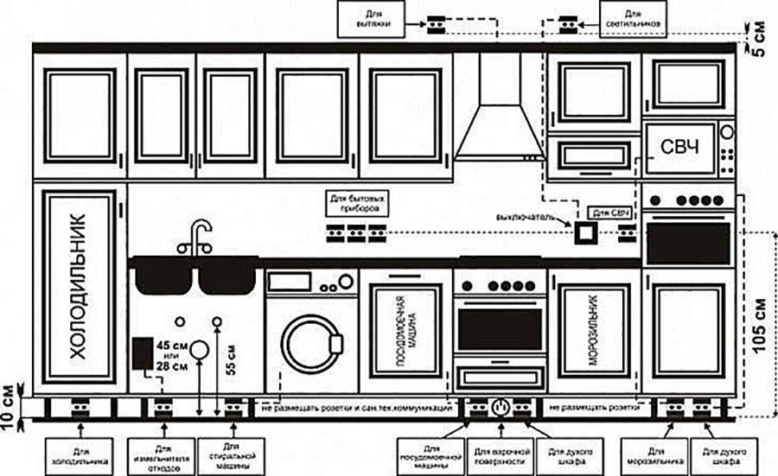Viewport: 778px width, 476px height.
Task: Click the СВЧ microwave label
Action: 679,147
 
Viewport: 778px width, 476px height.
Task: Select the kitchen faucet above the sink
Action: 197,236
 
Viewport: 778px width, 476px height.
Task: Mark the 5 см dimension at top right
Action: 761,38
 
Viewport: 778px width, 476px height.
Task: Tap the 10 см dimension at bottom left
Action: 10,396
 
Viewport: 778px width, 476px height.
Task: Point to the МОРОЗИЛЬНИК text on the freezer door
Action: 596,329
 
